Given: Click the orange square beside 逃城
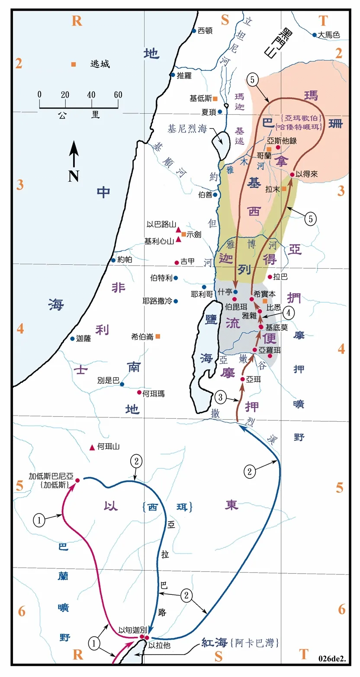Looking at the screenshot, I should pyautogui.click(x=74, y=64).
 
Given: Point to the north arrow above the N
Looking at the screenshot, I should pyautogui.click(x=74, y=154).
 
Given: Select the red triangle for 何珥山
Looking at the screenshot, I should pyautogui.click(x=92, y=447).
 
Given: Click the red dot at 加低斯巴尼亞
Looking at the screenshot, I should pyautogui.click(x=77, y=480).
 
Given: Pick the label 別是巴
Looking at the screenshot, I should pyautogui.click(x=109, y=381).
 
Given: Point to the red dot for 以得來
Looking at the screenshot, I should pyautogui.click(x=292, y=174).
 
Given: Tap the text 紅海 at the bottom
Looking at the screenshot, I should pyautogui.click(x=213, y=642).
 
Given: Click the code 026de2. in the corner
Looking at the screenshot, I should pyautogui.click(x=333, y=659).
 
